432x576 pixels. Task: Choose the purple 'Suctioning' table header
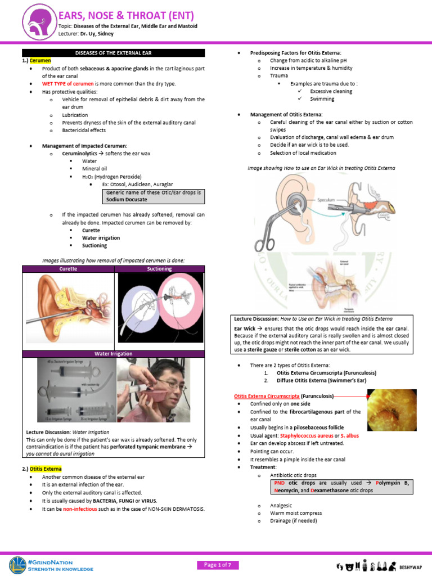159,269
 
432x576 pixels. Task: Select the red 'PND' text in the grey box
279,483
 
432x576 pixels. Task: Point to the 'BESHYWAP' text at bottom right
411,566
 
